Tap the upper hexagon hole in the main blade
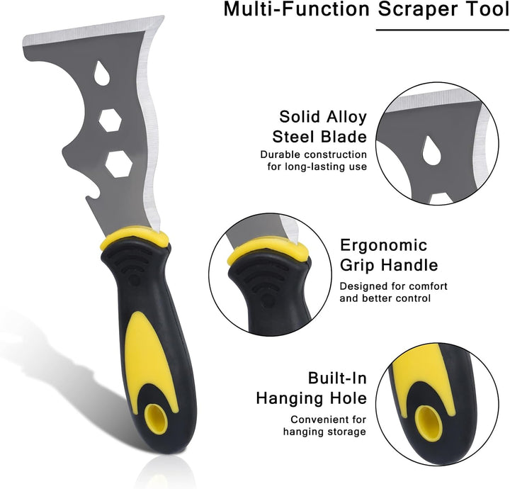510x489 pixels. (x=110, y=120)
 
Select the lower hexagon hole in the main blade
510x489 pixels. (x=119, y=164)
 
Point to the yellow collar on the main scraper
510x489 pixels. (x=135, y=239)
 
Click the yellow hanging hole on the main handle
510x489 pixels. (x=156, y=419)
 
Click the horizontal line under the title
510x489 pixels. (x=443, y=30)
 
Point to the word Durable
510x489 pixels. (x=280, y=154)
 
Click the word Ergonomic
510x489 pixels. (x=383, y=245)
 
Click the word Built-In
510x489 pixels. (x=337, y=378)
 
